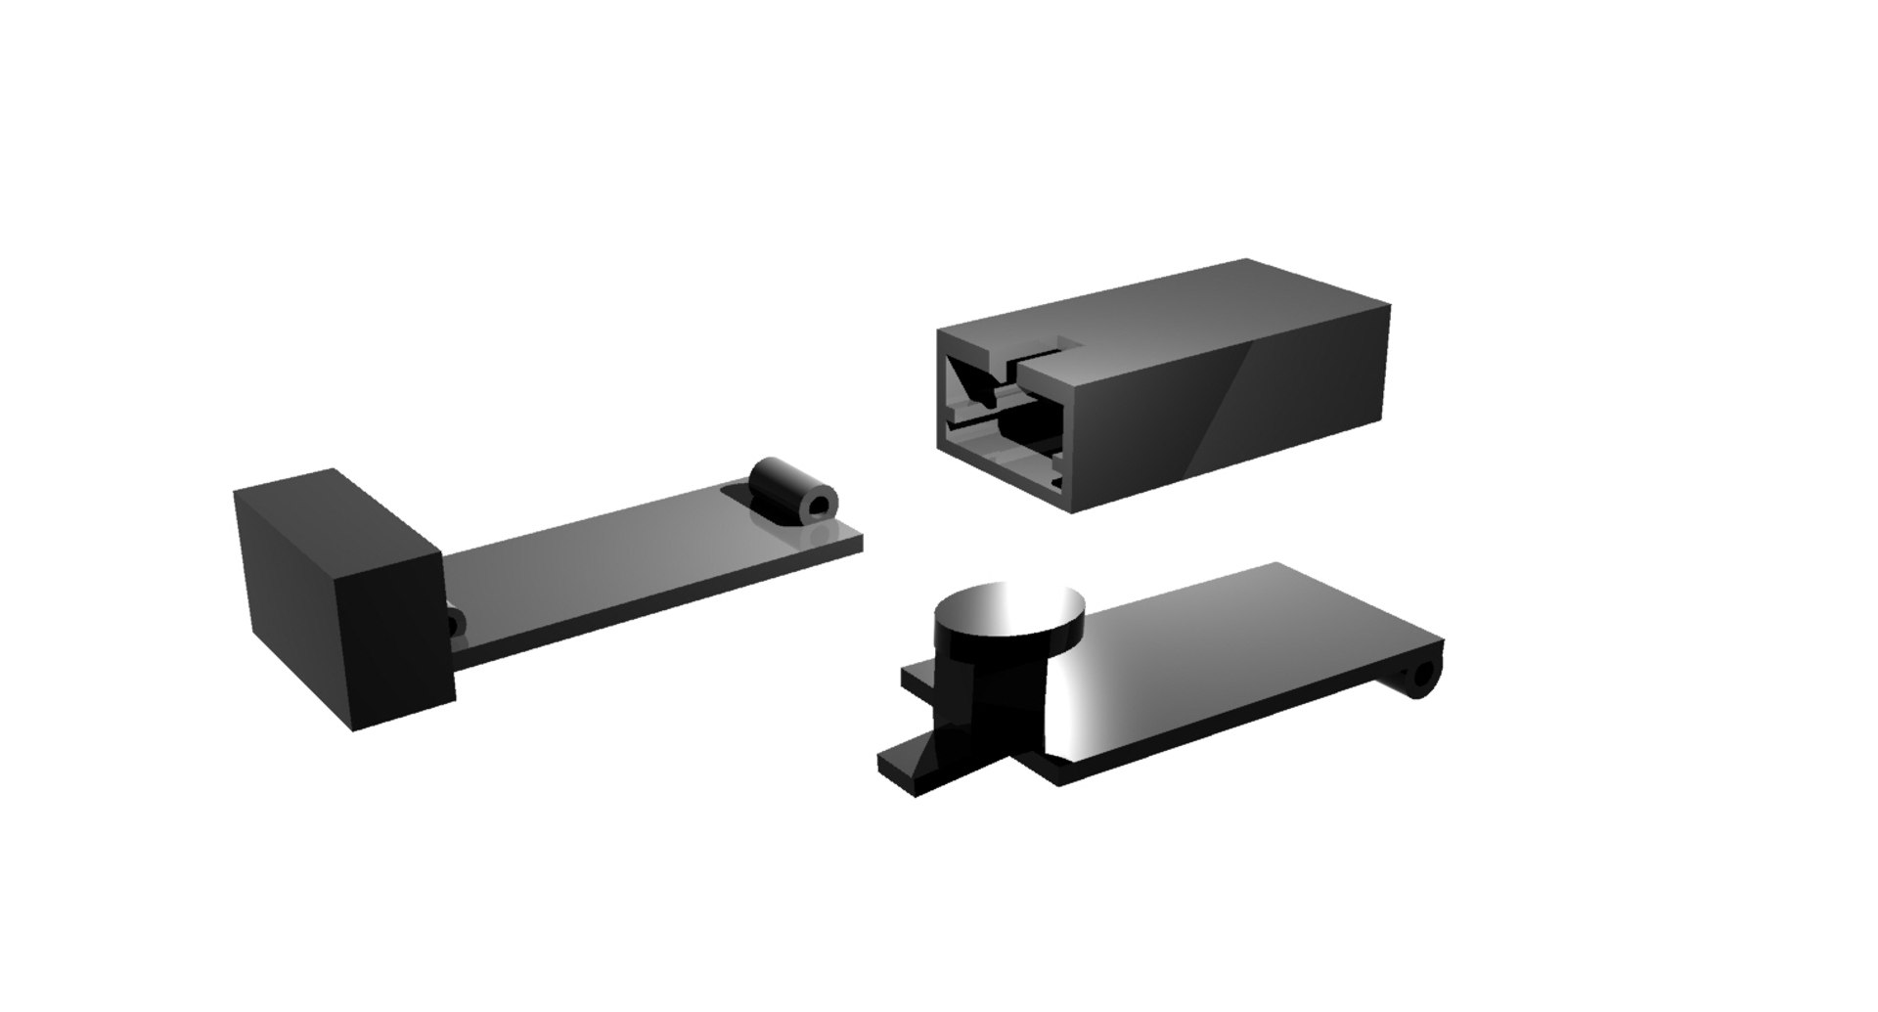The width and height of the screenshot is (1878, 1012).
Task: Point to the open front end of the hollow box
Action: [x=1003, y=416]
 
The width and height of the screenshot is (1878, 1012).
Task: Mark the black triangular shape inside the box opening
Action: [x=973, y=381]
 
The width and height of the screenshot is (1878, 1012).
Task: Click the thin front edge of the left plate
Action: [x=665, y=611]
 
